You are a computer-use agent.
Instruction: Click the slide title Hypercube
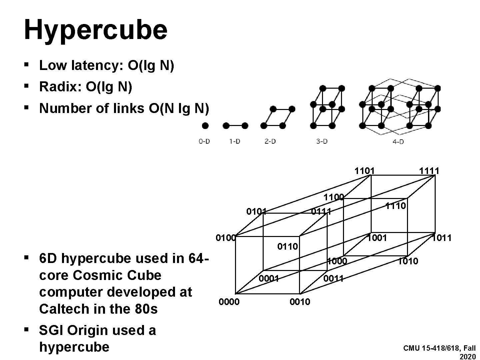tap(95, 30)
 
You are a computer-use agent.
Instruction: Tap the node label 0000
tap(229, 302)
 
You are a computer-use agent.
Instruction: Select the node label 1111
tap(429, 171)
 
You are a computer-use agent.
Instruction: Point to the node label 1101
tap(364, 171)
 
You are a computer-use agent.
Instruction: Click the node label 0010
tap(300, 302)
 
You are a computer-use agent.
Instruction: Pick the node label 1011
tap(442, 238)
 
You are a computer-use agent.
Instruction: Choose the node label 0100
tap(226, 238)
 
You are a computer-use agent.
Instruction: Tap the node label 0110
tap(287, 247)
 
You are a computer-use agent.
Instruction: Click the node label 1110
tap(396, 206)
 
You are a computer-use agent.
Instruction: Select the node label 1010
tap(408, 261)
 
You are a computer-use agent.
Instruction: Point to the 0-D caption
tap(204, 141)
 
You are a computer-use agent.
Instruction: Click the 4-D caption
tap(398, 142)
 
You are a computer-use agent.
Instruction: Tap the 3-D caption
tap(322, 141)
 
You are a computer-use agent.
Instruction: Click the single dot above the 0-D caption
tap(205, 126)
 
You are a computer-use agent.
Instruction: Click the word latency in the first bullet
tap(97, 66)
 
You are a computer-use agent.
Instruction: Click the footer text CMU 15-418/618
tap(431, 349)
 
